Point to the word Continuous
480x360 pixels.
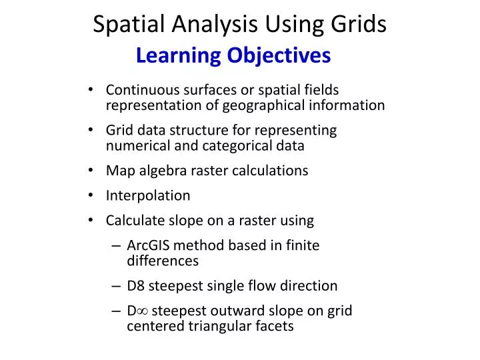(x=140, y=90)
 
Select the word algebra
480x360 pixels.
(x=159, y=171)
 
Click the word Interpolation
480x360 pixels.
(x=148, y=195)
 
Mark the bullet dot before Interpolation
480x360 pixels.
(x=91, y=196)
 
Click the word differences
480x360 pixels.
(x=163, y=261)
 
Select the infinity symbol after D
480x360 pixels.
(x=143, y=311)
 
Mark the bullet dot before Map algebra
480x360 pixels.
(x=91, y=171)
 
